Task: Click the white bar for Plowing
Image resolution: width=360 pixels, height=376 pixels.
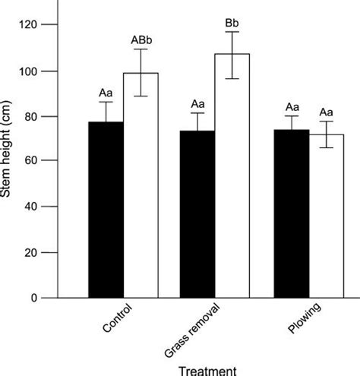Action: [x=325, y=216]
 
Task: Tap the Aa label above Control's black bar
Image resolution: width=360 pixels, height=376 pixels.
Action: [x=106, y=93]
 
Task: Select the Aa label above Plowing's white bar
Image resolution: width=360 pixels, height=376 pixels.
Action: [x=327, y=111]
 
